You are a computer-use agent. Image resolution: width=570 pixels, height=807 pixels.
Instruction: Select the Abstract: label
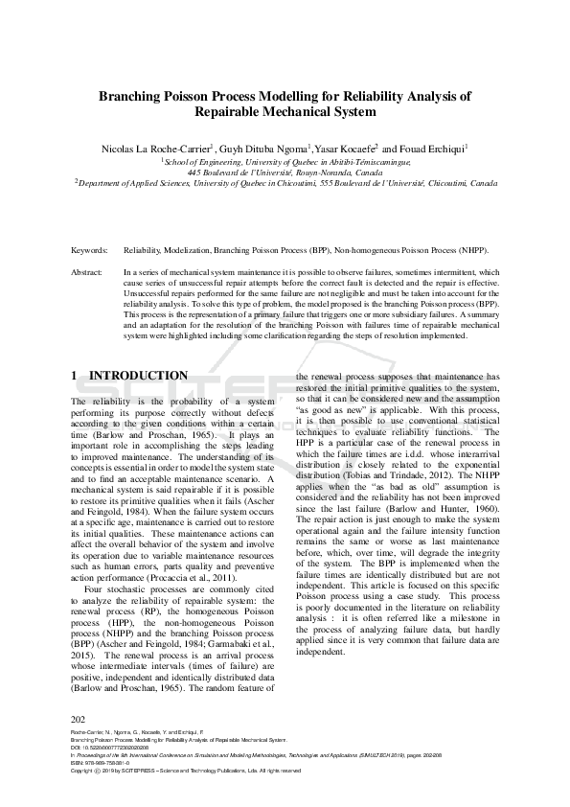(x=87, y=273)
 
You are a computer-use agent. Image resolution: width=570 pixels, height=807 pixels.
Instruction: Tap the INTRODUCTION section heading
(x=138, y=376)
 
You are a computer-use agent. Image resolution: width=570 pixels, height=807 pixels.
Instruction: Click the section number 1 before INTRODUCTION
(x=75, y=376)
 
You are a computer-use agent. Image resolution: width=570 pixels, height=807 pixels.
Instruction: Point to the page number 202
(x=79, y=719)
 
